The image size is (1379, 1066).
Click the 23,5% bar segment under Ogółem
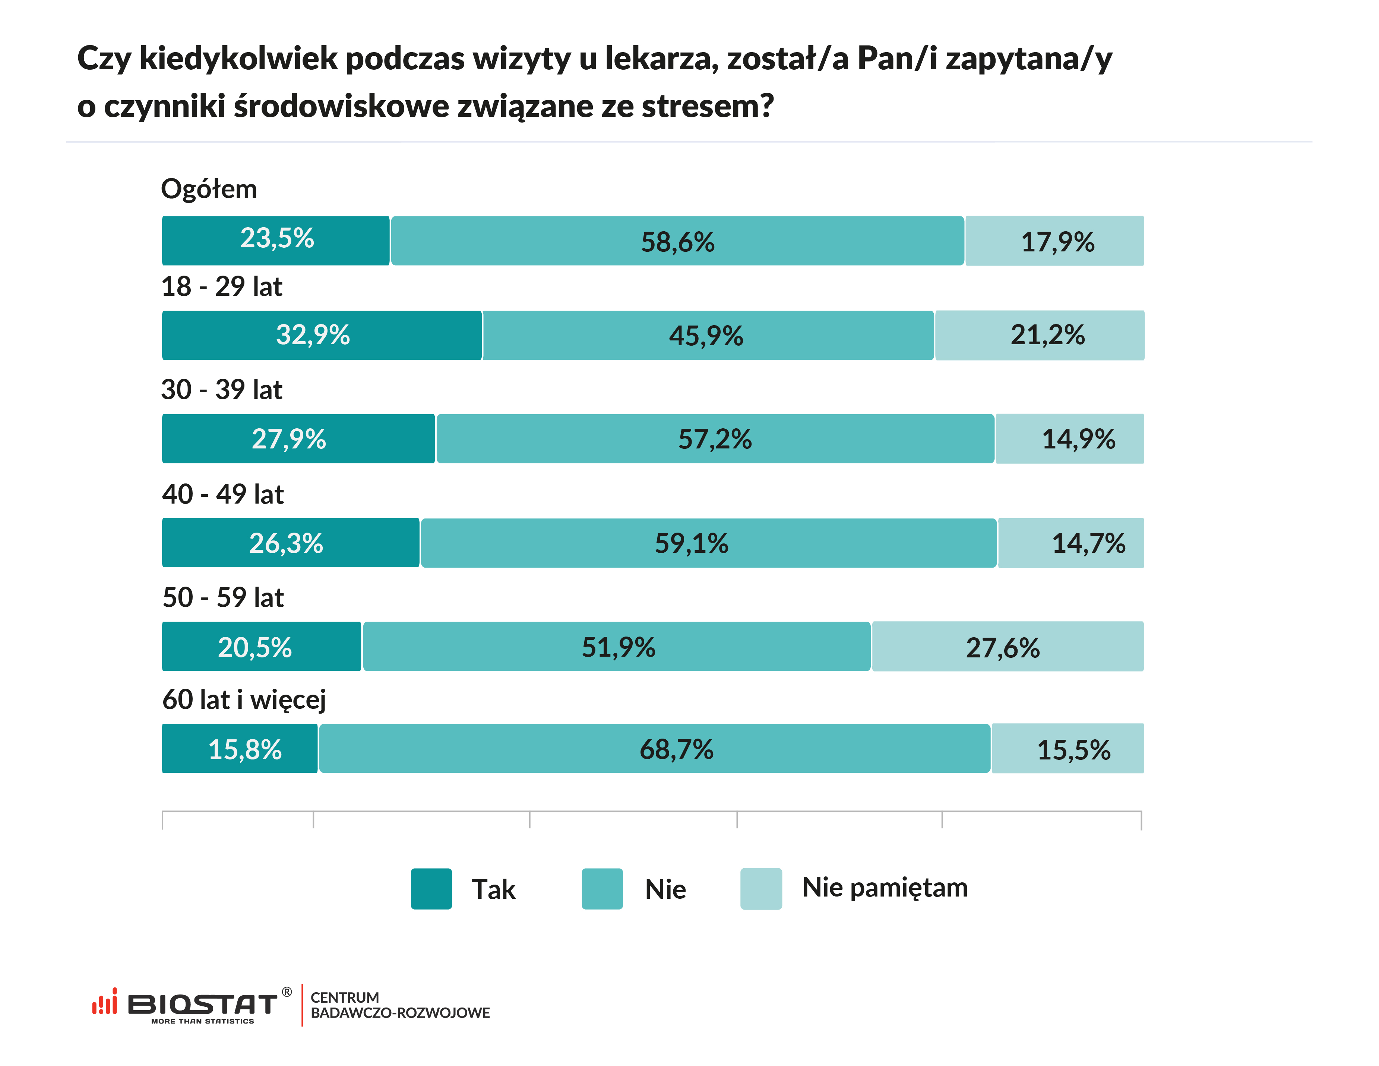tap(276, 241)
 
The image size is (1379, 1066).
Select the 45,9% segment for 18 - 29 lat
tap(707, 335)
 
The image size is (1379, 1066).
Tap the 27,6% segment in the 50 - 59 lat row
tap(1007, 646)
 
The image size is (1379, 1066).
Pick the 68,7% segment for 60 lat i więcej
tap(654, 749)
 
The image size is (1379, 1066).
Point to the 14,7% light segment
tap(1071, 543)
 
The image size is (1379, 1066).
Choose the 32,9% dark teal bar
tap(322, 335)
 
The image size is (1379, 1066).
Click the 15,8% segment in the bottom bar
tap(240, 749)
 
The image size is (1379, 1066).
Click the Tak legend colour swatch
tap(431, 889)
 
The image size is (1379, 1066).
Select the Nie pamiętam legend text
tap(885, 887)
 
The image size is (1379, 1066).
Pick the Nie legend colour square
tap(602, 889)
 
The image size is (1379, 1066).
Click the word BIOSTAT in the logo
tap(202, 1003)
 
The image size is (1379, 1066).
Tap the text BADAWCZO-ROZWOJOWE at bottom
tap(400, 1013)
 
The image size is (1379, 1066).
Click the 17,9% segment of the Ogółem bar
tap(1054, 241)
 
